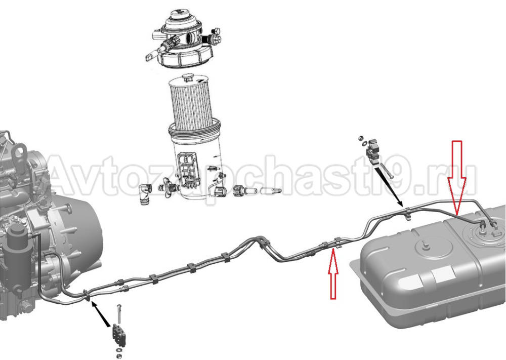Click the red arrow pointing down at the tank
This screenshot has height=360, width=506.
coord(456,178)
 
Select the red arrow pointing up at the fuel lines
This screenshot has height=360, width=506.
coord(333,274)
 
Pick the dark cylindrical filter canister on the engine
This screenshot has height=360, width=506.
coord(15,258)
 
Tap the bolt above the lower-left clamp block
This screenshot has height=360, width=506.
coord(119,313)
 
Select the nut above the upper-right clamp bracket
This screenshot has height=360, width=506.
coord(360,138)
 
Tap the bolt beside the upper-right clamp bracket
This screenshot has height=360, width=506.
coord(386,171)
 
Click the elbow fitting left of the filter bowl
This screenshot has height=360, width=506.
coord(145,194)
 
